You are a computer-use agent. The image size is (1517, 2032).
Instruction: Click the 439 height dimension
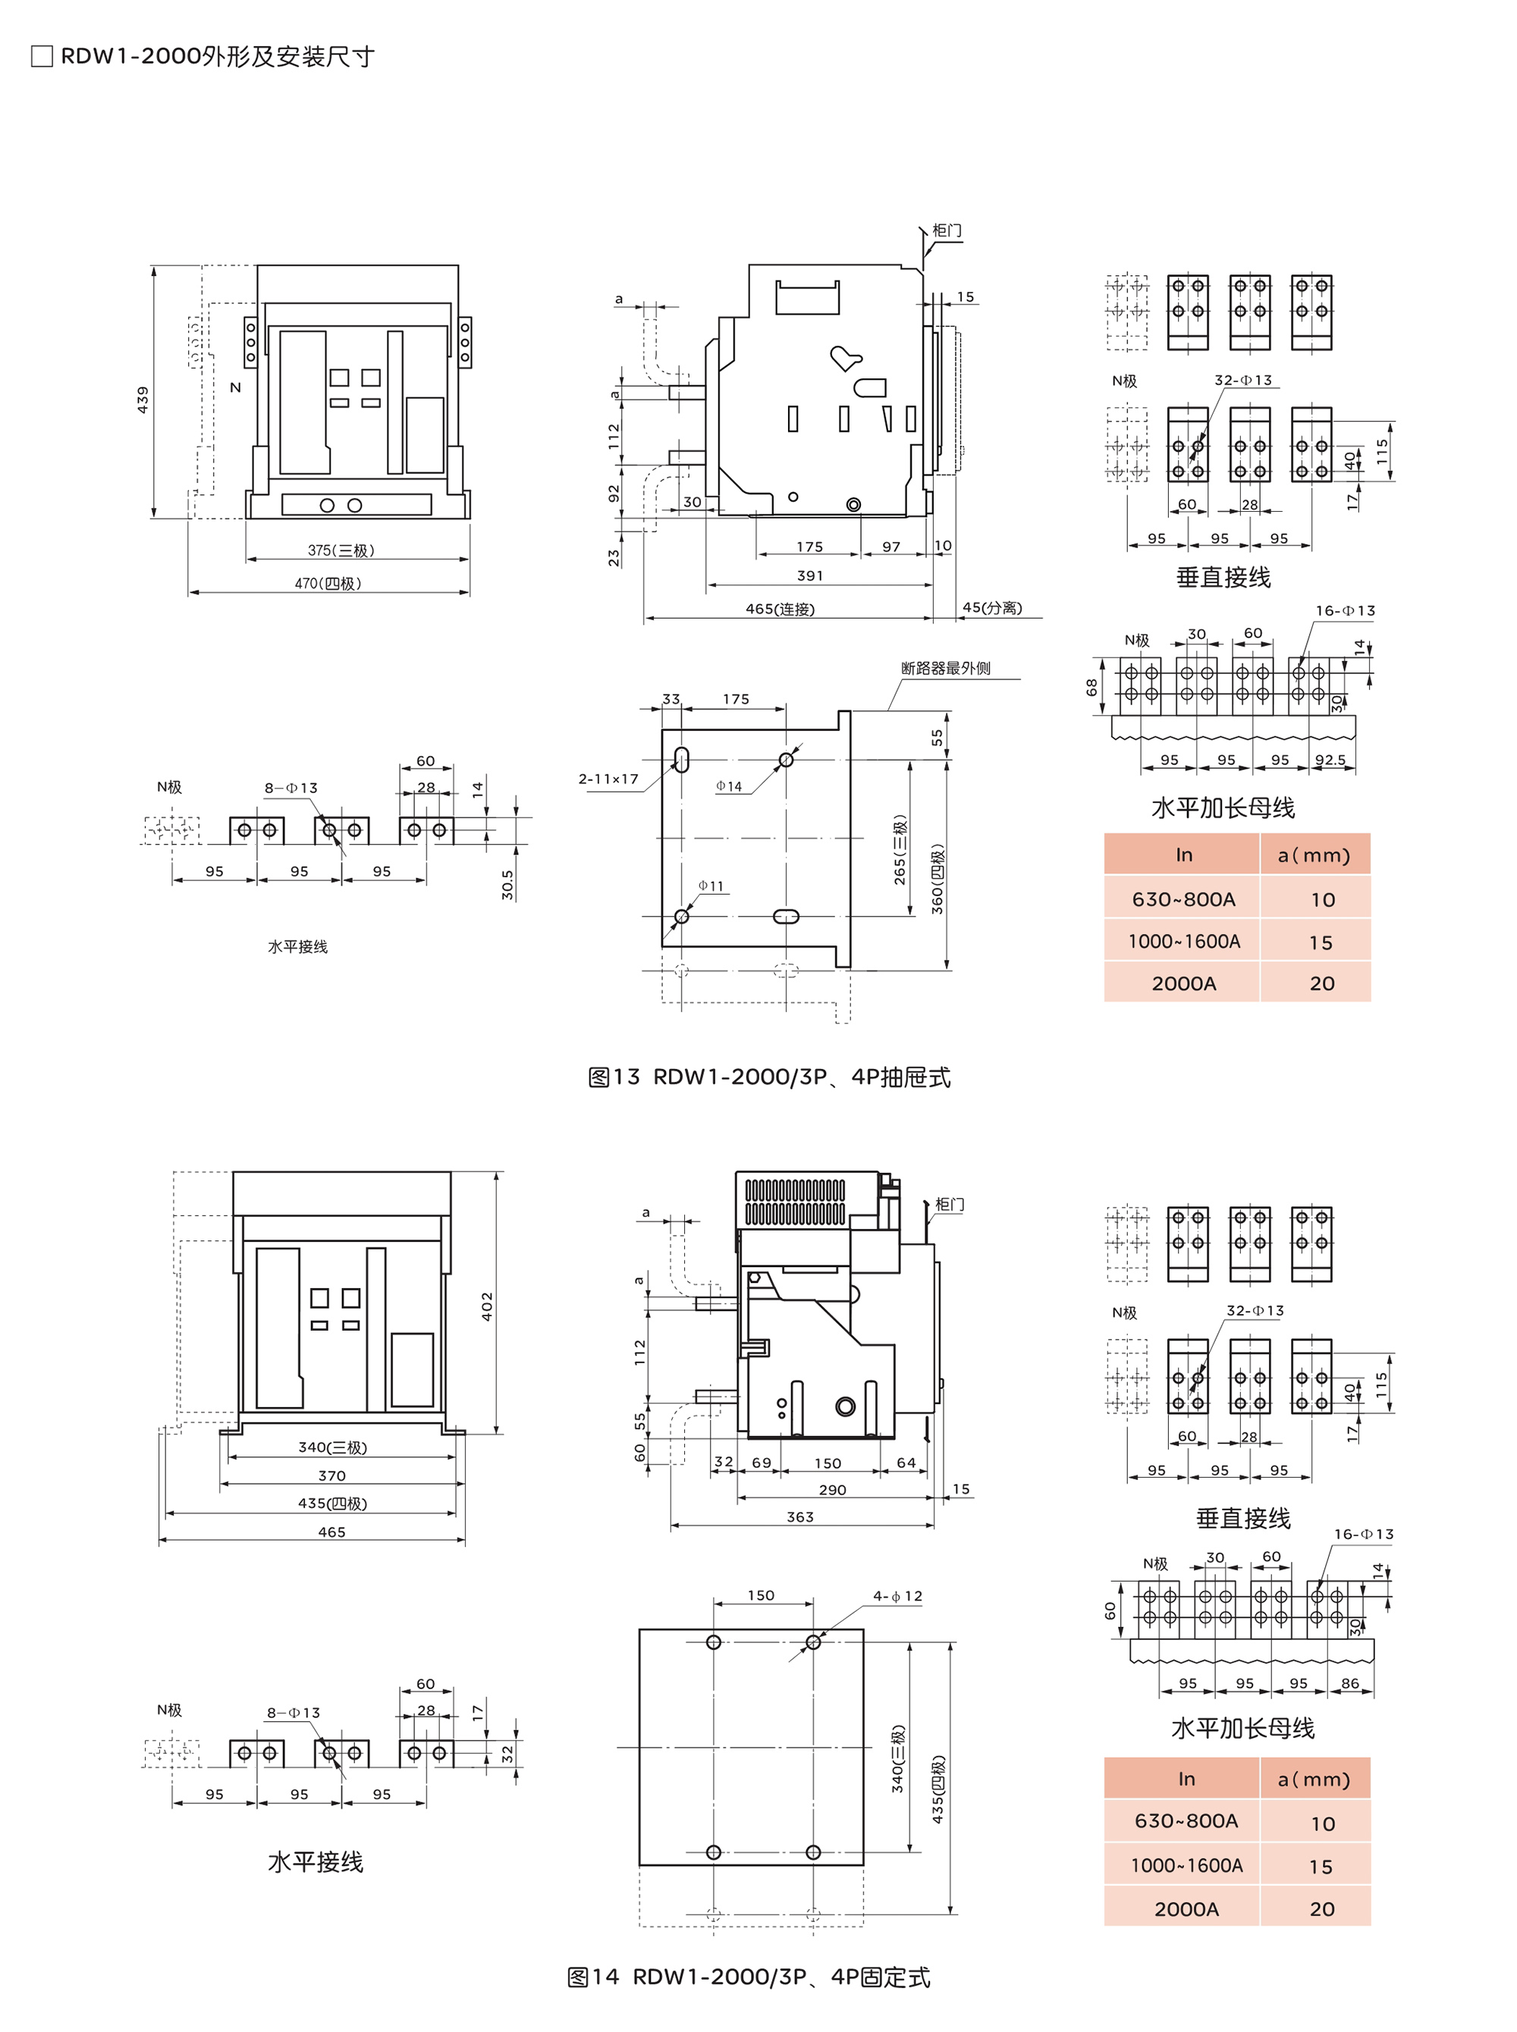[143, 400]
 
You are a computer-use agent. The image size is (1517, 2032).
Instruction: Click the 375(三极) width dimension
[341, 550]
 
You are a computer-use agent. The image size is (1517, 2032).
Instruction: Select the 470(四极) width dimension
[328, 583]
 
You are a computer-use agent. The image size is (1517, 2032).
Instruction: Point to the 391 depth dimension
[810, 575]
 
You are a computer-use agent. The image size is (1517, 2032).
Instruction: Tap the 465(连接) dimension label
[780, 609]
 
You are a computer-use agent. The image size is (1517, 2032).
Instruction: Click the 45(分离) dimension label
[992, 607]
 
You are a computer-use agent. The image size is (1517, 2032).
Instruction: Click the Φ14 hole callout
[729, 786]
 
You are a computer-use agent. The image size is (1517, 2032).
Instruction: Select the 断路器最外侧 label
[946, 668]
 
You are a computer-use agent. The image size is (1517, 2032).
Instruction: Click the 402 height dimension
[487, 1306]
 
